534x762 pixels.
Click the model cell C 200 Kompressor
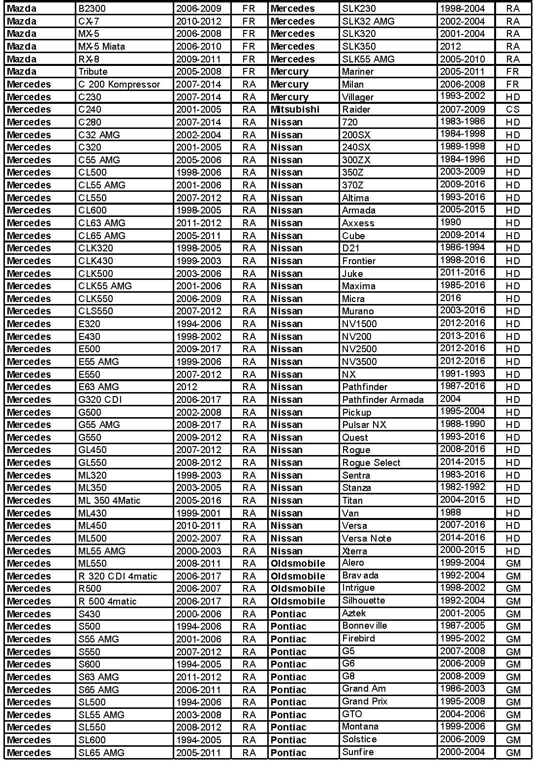point(119,84)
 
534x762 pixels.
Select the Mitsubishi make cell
point(295,109)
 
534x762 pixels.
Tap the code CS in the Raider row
point(512,109)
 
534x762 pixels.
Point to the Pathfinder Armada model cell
point(382,399)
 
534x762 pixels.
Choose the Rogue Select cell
point(371,462)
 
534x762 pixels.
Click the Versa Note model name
point(367,538)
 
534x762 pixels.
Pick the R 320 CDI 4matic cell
point(118,576)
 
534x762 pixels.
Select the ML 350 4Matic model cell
point(109,500)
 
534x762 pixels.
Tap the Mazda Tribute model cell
point(93,71)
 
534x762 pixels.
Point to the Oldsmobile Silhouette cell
point(363,601)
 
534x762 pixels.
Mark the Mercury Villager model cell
point(358,97)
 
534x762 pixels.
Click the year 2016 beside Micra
point(450,298)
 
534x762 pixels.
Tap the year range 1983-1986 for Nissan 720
point(462,121)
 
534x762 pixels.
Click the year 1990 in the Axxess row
point(450,222)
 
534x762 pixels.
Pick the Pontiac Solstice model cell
point(359,739)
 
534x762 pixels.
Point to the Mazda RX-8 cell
point(89,59)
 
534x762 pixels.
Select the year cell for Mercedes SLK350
point(450,46)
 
